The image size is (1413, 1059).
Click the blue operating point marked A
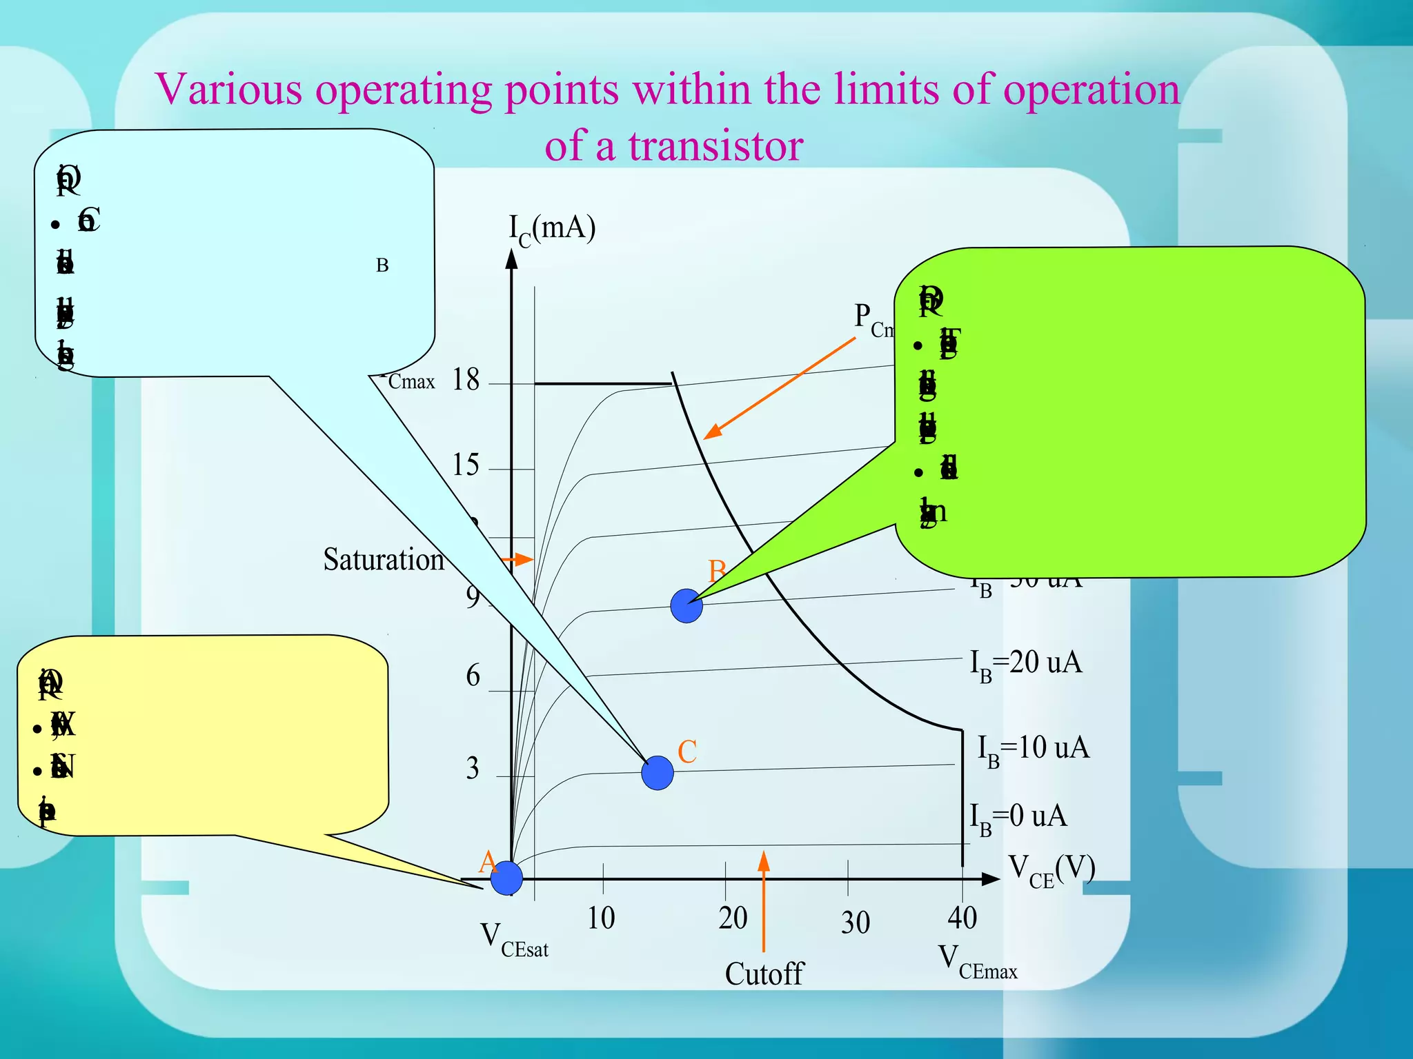pos(506,877)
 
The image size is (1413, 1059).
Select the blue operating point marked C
pos(657,772)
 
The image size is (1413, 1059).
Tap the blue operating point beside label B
pos(686,606)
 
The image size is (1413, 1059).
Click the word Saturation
pos(384,559)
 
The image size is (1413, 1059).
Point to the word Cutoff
pos(764,974)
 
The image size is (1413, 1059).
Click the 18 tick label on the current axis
pos(466,379)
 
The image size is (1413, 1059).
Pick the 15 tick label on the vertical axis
pos(466,465)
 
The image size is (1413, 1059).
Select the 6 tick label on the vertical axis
pos(473,676)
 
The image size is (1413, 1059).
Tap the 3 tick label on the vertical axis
pos(473,768)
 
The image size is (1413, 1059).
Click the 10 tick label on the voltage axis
pos(601,918)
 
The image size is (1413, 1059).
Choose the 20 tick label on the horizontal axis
pos(733,918)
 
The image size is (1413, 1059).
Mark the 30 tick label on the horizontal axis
pos(856,922)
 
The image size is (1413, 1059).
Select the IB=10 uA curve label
pos(1033,749)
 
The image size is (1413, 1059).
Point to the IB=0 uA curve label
pos(1018,818)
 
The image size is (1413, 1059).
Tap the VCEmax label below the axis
pos(977,962)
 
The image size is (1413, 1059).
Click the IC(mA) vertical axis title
pos(552,229)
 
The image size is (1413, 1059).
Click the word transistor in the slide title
pos(715,146)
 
